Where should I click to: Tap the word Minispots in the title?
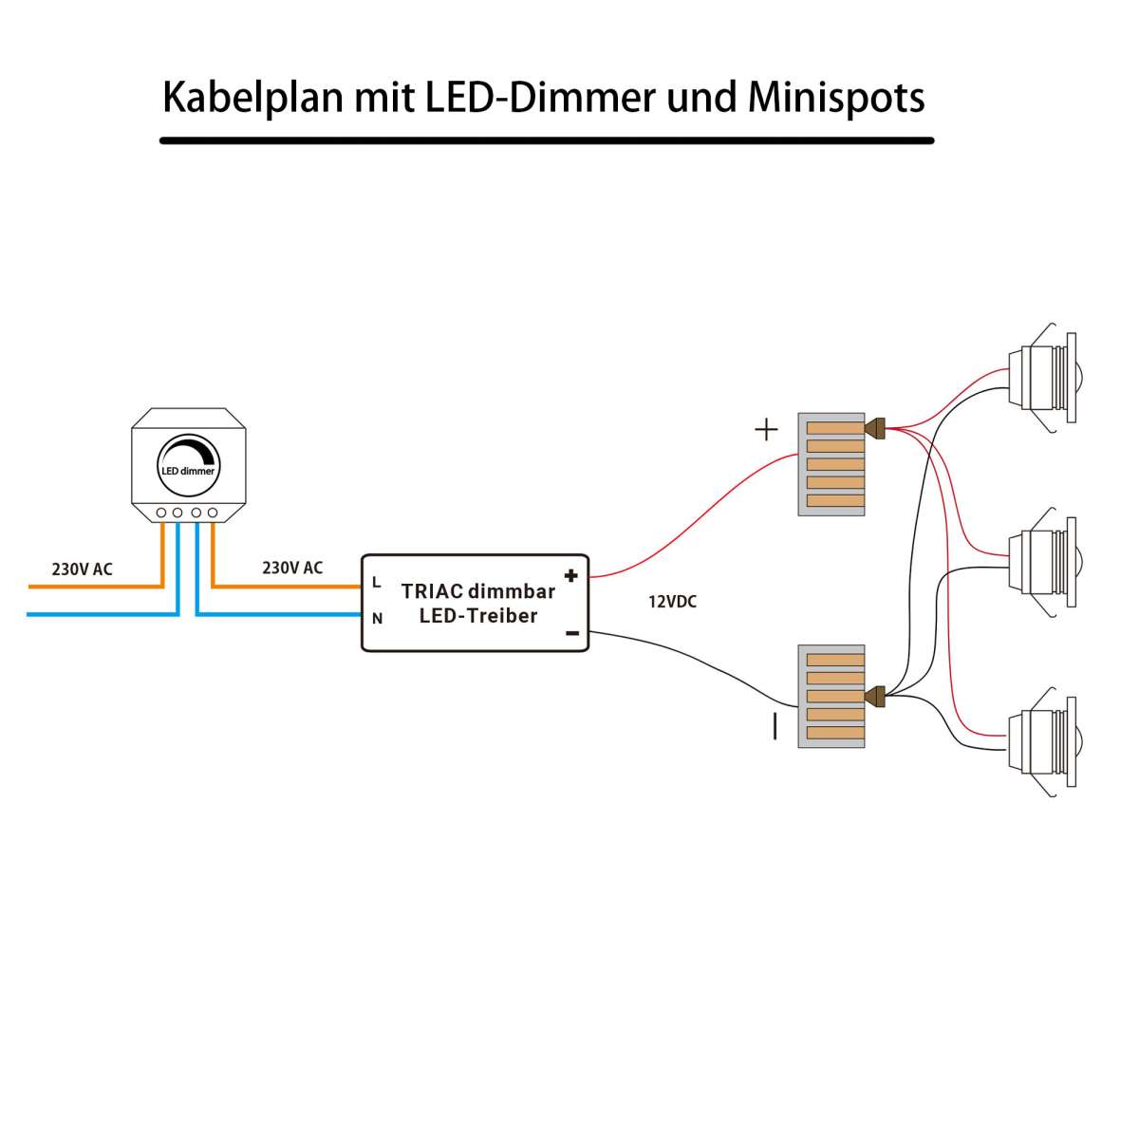tap(836, 98)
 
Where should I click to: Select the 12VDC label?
tap(672, 602)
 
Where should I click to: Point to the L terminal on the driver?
tap(377, 581)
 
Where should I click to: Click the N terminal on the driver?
tap(377, 619)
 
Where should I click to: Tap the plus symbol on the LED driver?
tap(570, 575)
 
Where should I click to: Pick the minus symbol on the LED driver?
tap(571, 633)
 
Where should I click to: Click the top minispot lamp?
tap(1040, 379)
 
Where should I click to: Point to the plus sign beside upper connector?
tap(766, 430)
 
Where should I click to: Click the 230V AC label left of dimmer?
tap(82, 569)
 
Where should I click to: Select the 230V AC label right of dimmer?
tap(292, 568)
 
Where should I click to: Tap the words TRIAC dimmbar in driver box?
tap(477, 591)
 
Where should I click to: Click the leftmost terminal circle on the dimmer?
tap(161, 513)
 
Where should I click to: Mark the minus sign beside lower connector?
tap(775, 726)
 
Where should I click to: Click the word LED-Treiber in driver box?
tap(477, 616)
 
